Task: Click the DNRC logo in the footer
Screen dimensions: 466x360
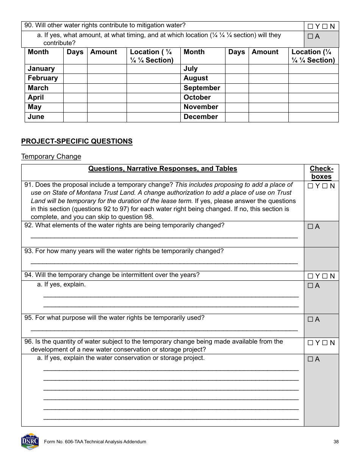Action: [x=30, y=441]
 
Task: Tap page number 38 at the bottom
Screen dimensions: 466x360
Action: [x=336, y=442]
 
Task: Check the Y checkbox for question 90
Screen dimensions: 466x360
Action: [x=310, y=27]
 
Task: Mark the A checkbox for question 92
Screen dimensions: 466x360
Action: [x=310, y=227]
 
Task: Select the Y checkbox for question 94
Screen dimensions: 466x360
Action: [x=310, y=276]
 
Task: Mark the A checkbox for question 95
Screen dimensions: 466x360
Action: [x=310, y=319]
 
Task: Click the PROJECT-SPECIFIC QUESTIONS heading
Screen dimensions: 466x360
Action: [x=77, y=141]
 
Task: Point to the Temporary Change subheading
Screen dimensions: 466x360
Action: [x=51, y=156]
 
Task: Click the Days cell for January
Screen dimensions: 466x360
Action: [x=75, y=69]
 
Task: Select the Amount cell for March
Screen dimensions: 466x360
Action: [x=107, y=88]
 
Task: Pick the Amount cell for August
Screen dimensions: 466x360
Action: [x=268, y=78]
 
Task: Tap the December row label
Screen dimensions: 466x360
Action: [x=201, y=117]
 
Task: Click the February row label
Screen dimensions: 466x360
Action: [x=43, y=78]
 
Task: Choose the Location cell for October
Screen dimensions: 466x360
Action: [x=313, y=97]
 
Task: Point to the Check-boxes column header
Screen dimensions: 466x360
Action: [x=321, y=172]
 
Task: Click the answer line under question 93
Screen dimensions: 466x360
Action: [x=164, y=261]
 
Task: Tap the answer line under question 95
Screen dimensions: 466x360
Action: [x=164, y=328]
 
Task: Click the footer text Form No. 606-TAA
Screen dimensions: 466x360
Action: [x=95, y=442]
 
